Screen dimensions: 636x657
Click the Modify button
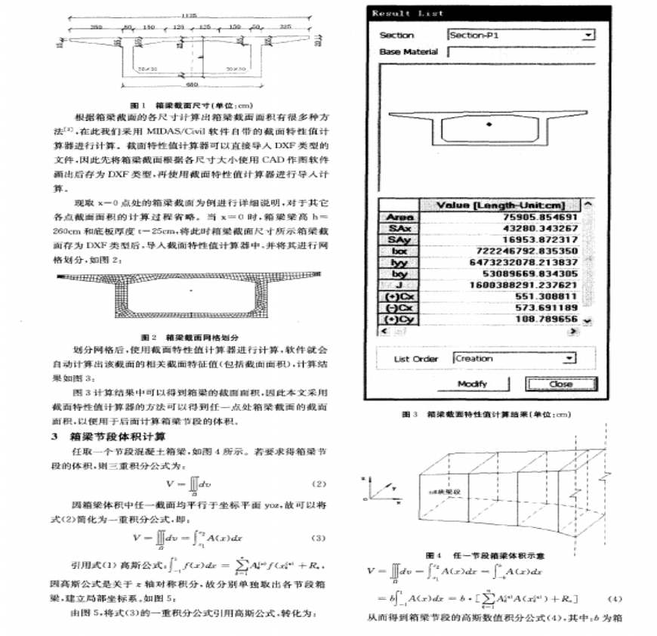[473, 384]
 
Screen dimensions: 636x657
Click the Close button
[561, 384]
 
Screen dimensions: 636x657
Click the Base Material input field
[521, 52]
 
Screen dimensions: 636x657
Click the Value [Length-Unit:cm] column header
[500, 205]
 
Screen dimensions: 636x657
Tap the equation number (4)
[618, 599]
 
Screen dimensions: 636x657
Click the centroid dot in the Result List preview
[489, 122]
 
